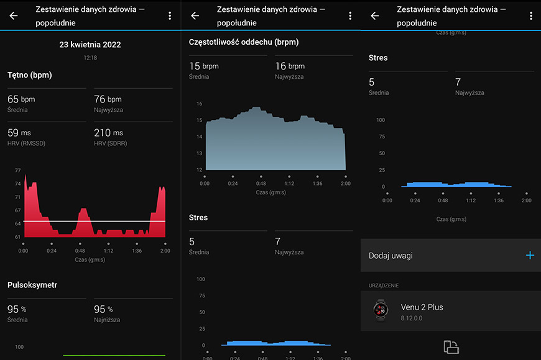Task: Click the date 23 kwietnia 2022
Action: (x=90, y=45)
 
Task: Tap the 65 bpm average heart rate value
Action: (x=21, y=99)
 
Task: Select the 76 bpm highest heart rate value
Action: (x=108, y=99)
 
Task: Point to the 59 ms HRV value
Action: (x=19, y=133)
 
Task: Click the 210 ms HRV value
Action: (x=108, y=133)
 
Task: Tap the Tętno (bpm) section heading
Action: (x=30, y=75)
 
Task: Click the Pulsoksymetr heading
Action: (x=32, y=285)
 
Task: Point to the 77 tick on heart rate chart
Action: (x=18, y=170)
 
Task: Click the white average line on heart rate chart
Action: (x=94, y=221)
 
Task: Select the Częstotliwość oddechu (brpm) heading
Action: (x=244, y=42)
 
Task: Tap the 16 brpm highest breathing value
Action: (x=290, y=66)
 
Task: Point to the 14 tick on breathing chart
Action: (x=200, y=137)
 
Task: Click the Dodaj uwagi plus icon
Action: (x=530, y=255)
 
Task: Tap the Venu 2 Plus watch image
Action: (x=381, y=310)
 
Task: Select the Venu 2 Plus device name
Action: (x=422, y=307)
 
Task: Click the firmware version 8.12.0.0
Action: (x=411, y=318)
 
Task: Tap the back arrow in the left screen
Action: (x=14, y=16)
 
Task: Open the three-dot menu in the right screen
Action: (x=531, y=16)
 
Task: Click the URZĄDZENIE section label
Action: (x=383, y=286)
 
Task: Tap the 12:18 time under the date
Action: (x=90, y=58)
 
